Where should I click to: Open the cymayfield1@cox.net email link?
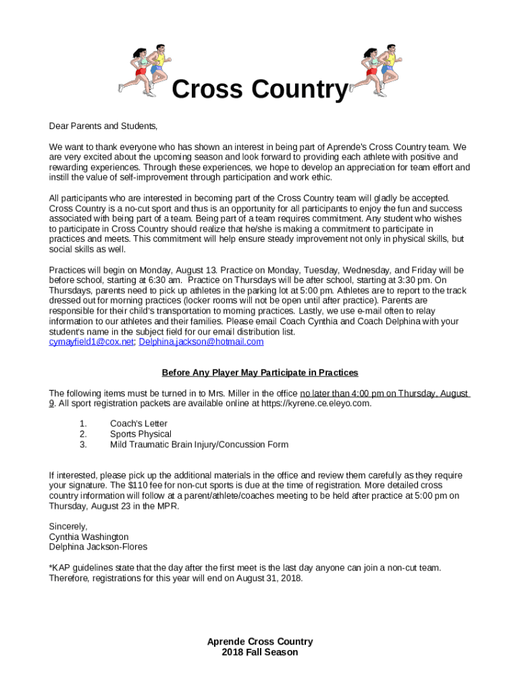[x=91, y=342]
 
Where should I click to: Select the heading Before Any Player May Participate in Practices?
[x=260, y=372]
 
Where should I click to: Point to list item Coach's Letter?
[x=138, y=424]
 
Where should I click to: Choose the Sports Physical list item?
[x=140, y=434]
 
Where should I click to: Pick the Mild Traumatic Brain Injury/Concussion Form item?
[x=199, y=444]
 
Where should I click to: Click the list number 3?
[x=83, y=444]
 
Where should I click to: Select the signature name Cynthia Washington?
[x=88, y=537]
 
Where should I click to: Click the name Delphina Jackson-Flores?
[x=98, y=547]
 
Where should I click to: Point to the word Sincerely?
[x=68, y=526]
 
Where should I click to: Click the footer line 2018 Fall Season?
[x=260, y=652]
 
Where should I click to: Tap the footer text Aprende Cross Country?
[x=260, y=641]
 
